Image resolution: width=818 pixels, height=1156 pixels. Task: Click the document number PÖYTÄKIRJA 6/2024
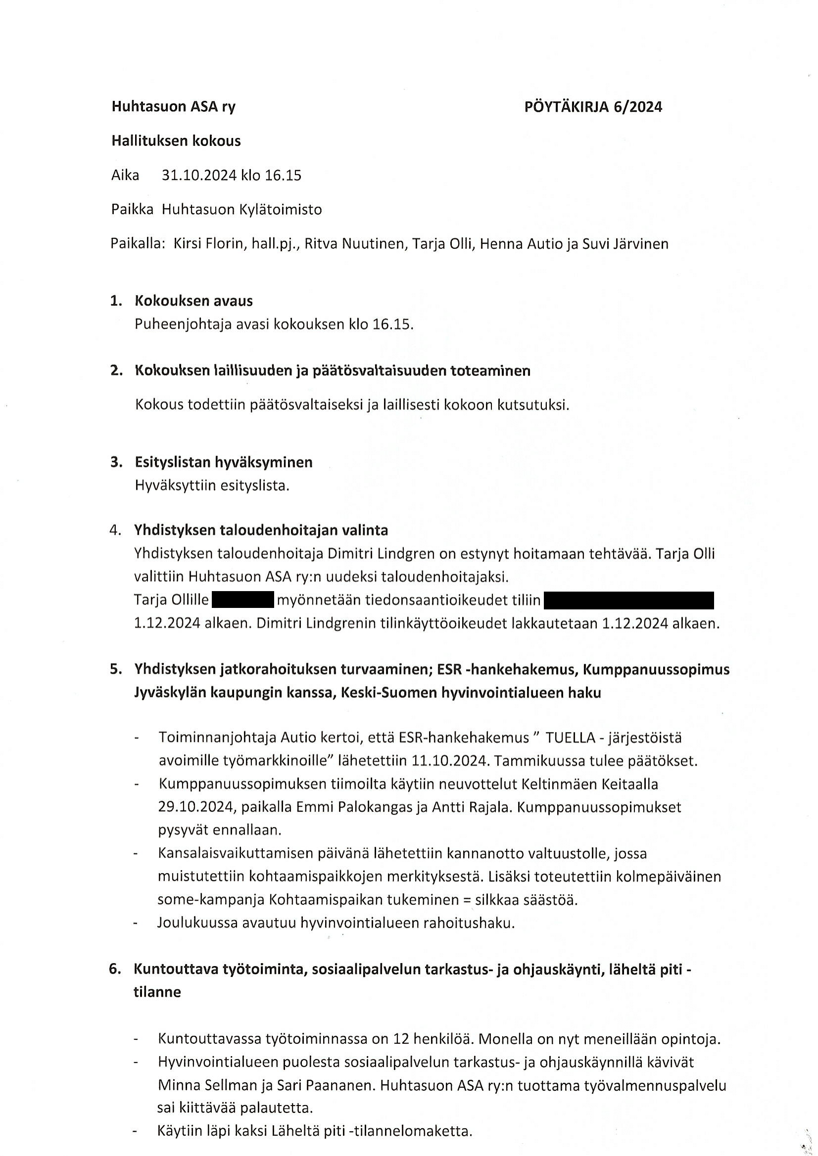(x=593, y=107)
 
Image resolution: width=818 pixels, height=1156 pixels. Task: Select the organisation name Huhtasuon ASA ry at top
(x=173, y=107)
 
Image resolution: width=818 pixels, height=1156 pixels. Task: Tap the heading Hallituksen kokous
(x=176, y=141)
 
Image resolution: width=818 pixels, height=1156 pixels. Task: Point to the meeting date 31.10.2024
(x=198, y=176)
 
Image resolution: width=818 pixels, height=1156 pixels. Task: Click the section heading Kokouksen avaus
(x=193, y=301)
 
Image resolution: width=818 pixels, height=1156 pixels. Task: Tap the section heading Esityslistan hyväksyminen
(x=223, y=462)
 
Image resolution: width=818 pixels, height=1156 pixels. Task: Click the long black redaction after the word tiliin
(x=629, y=600)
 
